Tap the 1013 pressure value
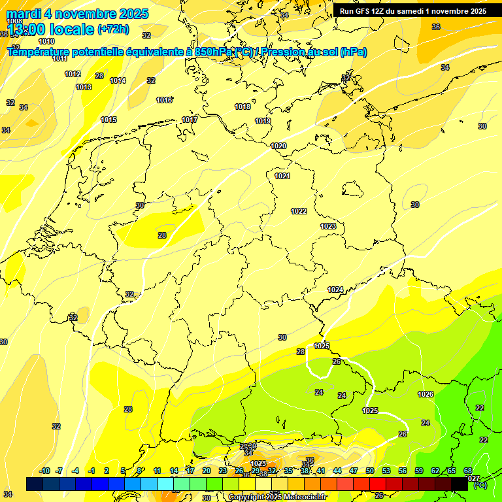coord(84,87)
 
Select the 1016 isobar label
coord(164,100)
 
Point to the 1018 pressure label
coord(243,107)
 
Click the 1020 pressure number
coord(278,146)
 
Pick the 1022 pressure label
coord(299,211)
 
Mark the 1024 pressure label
coord(335,290)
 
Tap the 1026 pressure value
coord(426,394)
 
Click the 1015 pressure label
coord(109,120)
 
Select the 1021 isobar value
coord(282,176)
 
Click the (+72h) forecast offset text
coord(113,29)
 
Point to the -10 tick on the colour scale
coord(44,471)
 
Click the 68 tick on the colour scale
coord(468,471)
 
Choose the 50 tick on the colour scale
coord(370,471)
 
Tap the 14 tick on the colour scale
coord(174,471)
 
